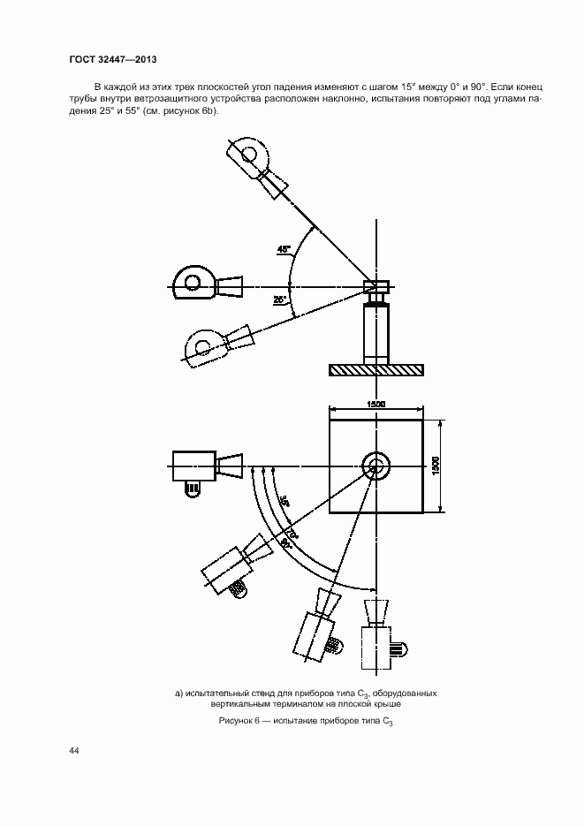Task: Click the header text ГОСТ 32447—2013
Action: coord(113,59)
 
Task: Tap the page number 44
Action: coord(73,751)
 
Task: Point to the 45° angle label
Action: coord(284,249)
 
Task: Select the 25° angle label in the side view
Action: coord(279,299)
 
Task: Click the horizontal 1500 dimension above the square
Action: coord(376,404)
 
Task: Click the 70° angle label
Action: coord(292,534)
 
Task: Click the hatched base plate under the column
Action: coord(376,370)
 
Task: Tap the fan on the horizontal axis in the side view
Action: coord(208,285)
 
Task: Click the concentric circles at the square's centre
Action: coord(376,466)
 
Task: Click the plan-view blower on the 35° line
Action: coord(237,566)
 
